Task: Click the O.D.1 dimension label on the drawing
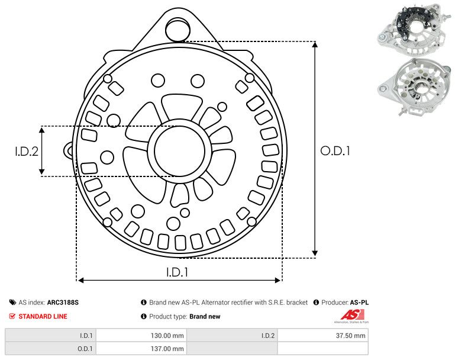tap(335, 151)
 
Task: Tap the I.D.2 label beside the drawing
tap(27, 151)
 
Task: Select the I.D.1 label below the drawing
tap(178, 272)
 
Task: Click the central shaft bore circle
tap(180, 151)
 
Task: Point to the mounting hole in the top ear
tap(178, 29)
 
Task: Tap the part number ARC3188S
tap(63, 303)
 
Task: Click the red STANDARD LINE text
tap(43, 316)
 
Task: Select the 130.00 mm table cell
tap(141, 336)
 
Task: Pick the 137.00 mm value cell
tap(141, 349)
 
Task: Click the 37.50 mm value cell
tap(323, 336)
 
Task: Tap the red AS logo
tap(351, 316)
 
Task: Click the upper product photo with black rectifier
tap(414, 29)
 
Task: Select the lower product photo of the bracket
tap(414, 87)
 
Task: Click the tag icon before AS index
tap(12, 303)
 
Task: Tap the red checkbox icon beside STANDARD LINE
tap(12, 316)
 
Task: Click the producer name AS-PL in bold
tap(359, 303)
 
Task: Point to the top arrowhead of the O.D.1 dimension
tap(315, 44)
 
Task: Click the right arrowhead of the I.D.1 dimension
tap(277, 280)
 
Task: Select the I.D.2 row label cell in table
tap(232, 336)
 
